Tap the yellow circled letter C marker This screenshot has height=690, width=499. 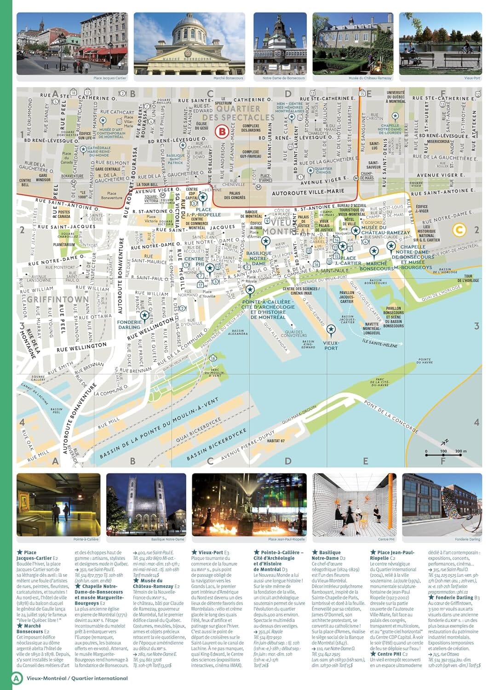point(459,229)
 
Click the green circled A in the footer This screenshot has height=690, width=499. point(17,678)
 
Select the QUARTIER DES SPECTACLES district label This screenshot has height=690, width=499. point(238,113)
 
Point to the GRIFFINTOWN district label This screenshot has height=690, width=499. point(58,299)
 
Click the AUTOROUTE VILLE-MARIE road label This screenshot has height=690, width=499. point(308,192)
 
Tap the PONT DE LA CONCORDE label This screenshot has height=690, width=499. point(391,417)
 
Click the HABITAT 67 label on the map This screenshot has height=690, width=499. point(276,441)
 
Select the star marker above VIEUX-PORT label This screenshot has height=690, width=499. point(331,329)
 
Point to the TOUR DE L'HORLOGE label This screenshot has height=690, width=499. point(468,278)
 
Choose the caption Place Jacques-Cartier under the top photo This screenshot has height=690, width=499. point(110,78)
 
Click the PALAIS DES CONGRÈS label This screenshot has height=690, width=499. point(235,195)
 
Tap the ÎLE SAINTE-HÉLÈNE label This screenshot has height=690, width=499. point(379,343)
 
